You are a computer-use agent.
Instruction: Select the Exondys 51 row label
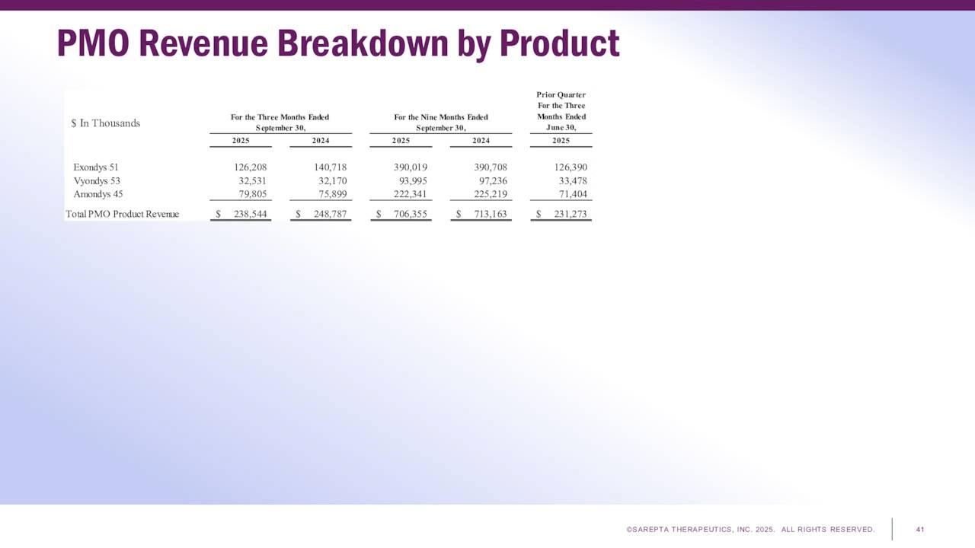point(96,167)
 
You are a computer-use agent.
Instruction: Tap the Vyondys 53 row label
point(97,181)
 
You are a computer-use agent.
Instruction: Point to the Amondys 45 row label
point(98,194)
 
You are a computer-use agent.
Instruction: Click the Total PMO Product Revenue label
point(123,214)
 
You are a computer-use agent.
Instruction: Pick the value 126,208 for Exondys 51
point(251,167)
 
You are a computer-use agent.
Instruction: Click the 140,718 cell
point(330,167)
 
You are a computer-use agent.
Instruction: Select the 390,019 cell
point(411,167)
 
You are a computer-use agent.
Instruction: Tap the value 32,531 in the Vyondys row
point(253,181)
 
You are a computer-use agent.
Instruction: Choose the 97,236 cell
point(491,181)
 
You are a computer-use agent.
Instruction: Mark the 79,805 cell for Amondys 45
point(253,194)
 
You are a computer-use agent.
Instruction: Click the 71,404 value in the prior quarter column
point(572,194)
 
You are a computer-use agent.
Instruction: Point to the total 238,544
point(251,214)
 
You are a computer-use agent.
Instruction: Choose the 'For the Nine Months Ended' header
point(441,117)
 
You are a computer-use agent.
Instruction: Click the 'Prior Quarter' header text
point(561,95)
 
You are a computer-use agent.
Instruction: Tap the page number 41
point(920,529)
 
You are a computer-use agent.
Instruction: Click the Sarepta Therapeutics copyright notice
point(750,529)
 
